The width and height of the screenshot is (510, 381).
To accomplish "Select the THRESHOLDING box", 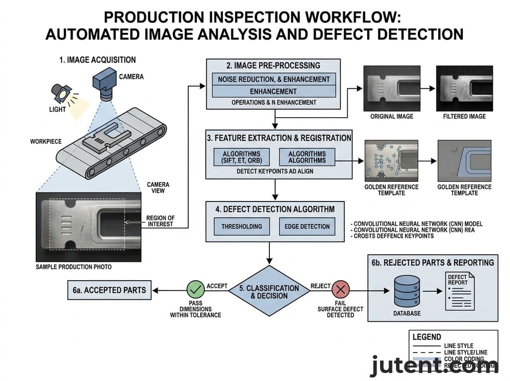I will pyautogui.click(x=241, y=226).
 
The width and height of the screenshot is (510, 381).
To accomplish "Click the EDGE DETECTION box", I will pyautogui.click(x=307, y=226).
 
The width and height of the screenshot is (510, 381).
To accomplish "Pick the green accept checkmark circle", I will pyautogui.click(x=195, y=290).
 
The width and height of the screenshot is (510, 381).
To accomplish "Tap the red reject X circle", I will pyautogui.click(x=341, y=290).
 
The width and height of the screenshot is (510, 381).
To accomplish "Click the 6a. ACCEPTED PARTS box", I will pyautogui.click(x=110, y=290).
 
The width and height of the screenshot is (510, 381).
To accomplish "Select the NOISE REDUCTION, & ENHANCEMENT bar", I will pyautogui.click(x=273, y=79).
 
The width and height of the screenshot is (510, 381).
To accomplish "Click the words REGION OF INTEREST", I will pyautogui.click(x=160, y=221).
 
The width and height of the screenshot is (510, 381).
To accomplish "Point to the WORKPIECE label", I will pyautogui.click(x=46, y=142).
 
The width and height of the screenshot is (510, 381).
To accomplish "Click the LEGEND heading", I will pyautogui.click(x=427, y=337).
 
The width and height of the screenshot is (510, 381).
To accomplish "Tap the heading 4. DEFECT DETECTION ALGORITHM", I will pyautogui.click(x=275, y=208).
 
